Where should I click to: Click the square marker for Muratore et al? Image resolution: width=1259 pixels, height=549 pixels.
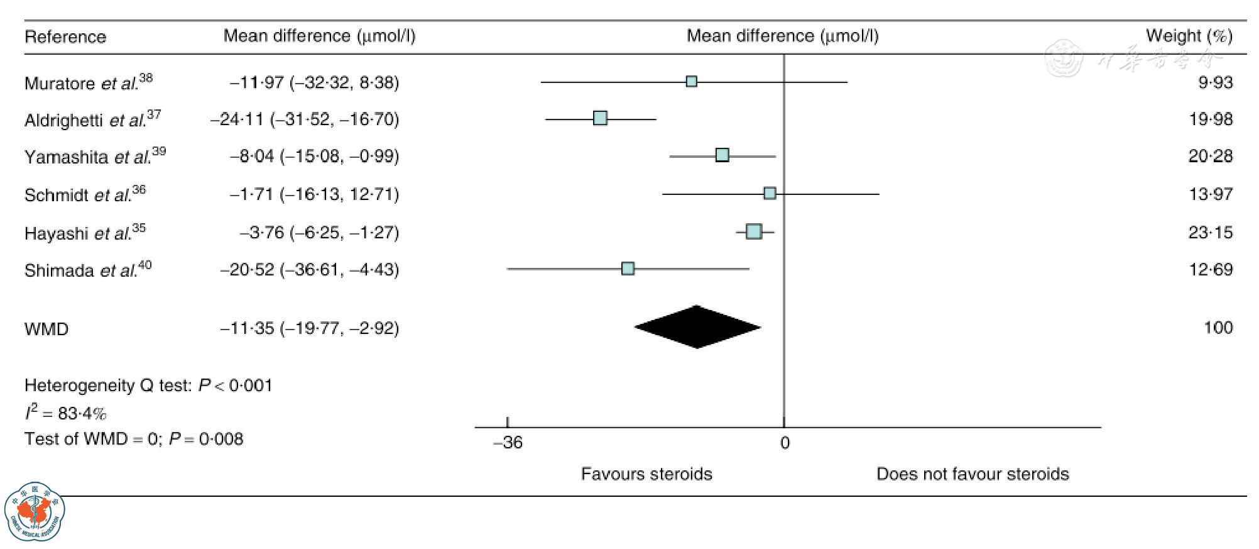[x=691, y=81]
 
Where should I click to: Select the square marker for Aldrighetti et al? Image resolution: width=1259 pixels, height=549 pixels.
[x=600, y=118]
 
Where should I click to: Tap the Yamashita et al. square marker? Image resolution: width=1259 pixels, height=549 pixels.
[x=722, y=155]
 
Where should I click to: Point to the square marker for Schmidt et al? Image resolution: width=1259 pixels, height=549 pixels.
[x=770, y=193]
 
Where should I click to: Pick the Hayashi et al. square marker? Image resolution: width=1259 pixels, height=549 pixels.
[x=754, y=231]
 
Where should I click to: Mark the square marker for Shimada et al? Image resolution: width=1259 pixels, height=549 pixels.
[x=628, y=269]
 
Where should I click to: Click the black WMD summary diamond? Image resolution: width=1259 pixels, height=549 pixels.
[x=697, y=327]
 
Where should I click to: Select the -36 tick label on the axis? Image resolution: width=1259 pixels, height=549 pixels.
[x=508, y=443]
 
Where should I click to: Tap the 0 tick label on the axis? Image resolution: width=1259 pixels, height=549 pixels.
[x=785, y=443]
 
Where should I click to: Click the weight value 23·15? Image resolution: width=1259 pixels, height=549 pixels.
[x=1210, y=233]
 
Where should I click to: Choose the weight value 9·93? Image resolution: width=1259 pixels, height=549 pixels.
[x=1215, y=82]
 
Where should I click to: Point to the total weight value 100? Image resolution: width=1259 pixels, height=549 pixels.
[x=1218, y=328]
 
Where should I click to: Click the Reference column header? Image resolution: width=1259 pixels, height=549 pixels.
[x=65, y=37]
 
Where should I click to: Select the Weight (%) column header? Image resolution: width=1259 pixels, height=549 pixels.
[x=1189, y=36]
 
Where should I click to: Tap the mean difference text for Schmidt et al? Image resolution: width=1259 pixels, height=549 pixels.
[x=314, y=194]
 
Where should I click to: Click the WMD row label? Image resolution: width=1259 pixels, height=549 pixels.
[x=46, y=329]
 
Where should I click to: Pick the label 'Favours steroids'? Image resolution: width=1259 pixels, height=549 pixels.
[x=646, y=474]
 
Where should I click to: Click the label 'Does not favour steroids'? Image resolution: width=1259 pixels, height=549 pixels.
[x=973, y=474]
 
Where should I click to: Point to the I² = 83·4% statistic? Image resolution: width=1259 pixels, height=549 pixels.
[x=65, y=413]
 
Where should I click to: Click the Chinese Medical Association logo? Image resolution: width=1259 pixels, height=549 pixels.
[x=35, y=512]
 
